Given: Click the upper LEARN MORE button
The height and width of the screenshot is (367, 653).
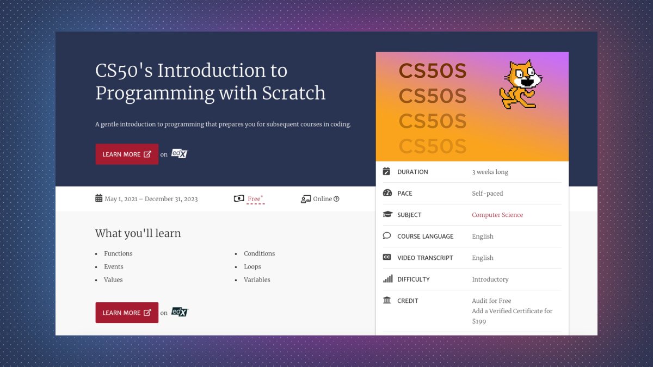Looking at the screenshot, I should pos(127,154).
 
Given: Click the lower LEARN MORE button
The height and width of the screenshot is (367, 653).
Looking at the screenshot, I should pos(127,313).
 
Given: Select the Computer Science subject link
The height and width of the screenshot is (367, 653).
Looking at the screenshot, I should pos(497,215).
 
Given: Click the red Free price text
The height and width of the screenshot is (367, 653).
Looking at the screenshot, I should pos(254,199).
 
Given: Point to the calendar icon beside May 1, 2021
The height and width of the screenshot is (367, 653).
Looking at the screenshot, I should pos(98,198).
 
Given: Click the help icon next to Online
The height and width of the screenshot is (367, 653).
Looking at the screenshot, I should pos(336,199).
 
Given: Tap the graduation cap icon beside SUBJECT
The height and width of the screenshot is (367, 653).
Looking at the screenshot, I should pos(387,215).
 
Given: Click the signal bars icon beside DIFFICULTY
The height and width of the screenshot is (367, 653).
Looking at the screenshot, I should pos(387,279).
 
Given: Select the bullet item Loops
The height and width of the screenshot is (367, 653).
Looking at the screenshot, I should pos(252,266).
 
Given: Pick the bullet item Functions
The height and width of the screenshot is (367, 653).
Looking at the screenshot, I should pos(118,253).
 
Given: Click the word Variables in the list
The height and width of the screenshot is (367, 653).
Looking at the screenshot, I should pos(257,279).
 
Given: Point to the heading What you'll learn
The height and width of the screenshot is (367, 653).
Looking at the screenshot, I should pos(138,233).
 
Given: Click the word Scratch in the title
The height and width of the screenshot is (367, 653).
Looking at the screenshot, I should pos(294,93).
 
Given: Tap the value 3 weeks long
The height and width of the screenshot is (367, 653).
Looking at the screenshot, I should pos(490,172).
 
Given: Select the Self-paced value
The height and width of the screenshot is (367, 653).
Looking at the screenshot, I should pos(487,193).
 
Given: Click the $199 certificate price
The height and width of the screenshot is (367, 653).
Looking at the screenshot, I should pos(479,321).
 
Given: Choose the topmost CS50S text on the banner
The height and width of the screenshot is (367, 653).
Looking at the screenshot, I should pos(433,71).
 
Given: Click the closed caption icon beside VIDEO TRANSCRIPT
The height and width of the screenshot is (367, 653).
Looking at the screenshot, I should pos(387,257).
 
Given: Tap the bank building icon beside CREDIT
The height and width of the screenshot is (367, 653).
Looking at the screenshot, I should pos(387,300).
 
